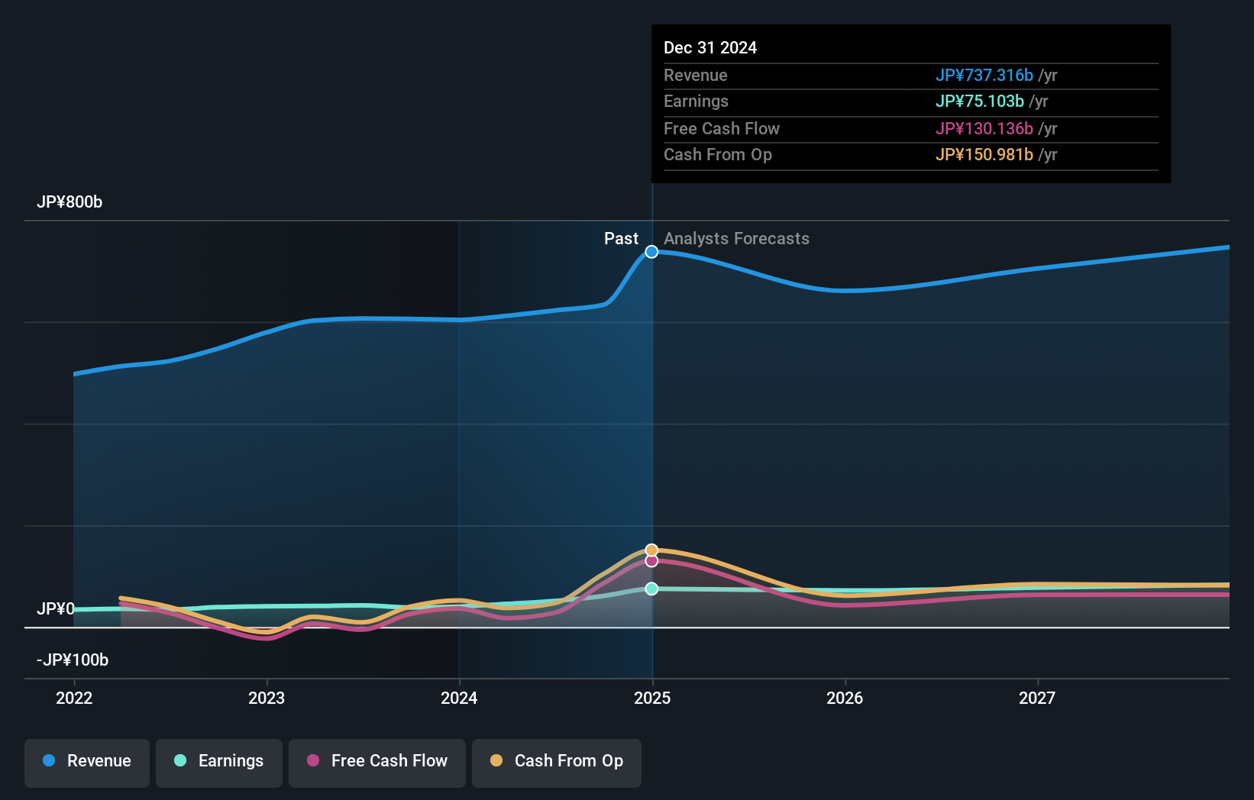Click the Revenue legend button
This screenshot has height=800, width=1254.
(87, 762)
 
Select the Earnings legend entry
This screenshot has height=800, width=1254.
(219, 762)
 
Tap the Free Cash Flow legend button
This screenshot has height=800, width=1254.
(377, 762)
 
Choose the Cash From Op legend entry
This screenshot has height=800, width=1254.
(557, 762)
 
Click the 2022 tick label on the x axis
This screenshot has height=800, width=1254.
(74, 698)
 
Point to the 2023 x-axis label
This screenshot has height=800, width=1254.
(267, 698)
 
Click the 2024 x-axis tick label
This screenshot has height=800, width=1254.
(459, 698)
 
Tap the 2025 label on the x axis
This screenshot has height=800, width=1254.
(652, 698)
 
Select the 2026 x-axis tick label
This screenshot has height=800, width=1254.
(845, 698)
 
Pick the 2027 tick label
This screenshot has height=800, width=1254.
(1037, 698)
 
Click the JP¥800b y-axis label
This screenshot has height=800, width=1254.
(69, 202)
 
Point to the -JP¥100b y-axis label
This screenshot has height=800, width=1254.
(73, 660)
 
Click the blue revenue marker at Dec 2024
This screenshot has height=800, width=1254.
(651, 252)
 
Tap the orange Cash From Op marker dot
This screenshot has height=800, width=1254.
(651, 550)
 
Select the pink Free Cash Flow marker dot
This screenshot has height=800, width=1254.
(651, 561)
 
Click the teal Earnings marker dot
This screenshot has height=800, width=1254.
(651, 589)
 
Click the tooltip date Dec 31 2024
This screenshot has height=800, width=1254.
(710, 48)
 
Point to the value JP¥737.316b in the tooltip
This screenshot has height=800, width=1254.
(984, 76)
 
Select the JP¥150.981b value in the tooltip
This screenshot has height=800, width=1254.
(984, 155)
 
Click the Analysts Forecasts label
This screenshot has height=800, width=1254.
(736, 239)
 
